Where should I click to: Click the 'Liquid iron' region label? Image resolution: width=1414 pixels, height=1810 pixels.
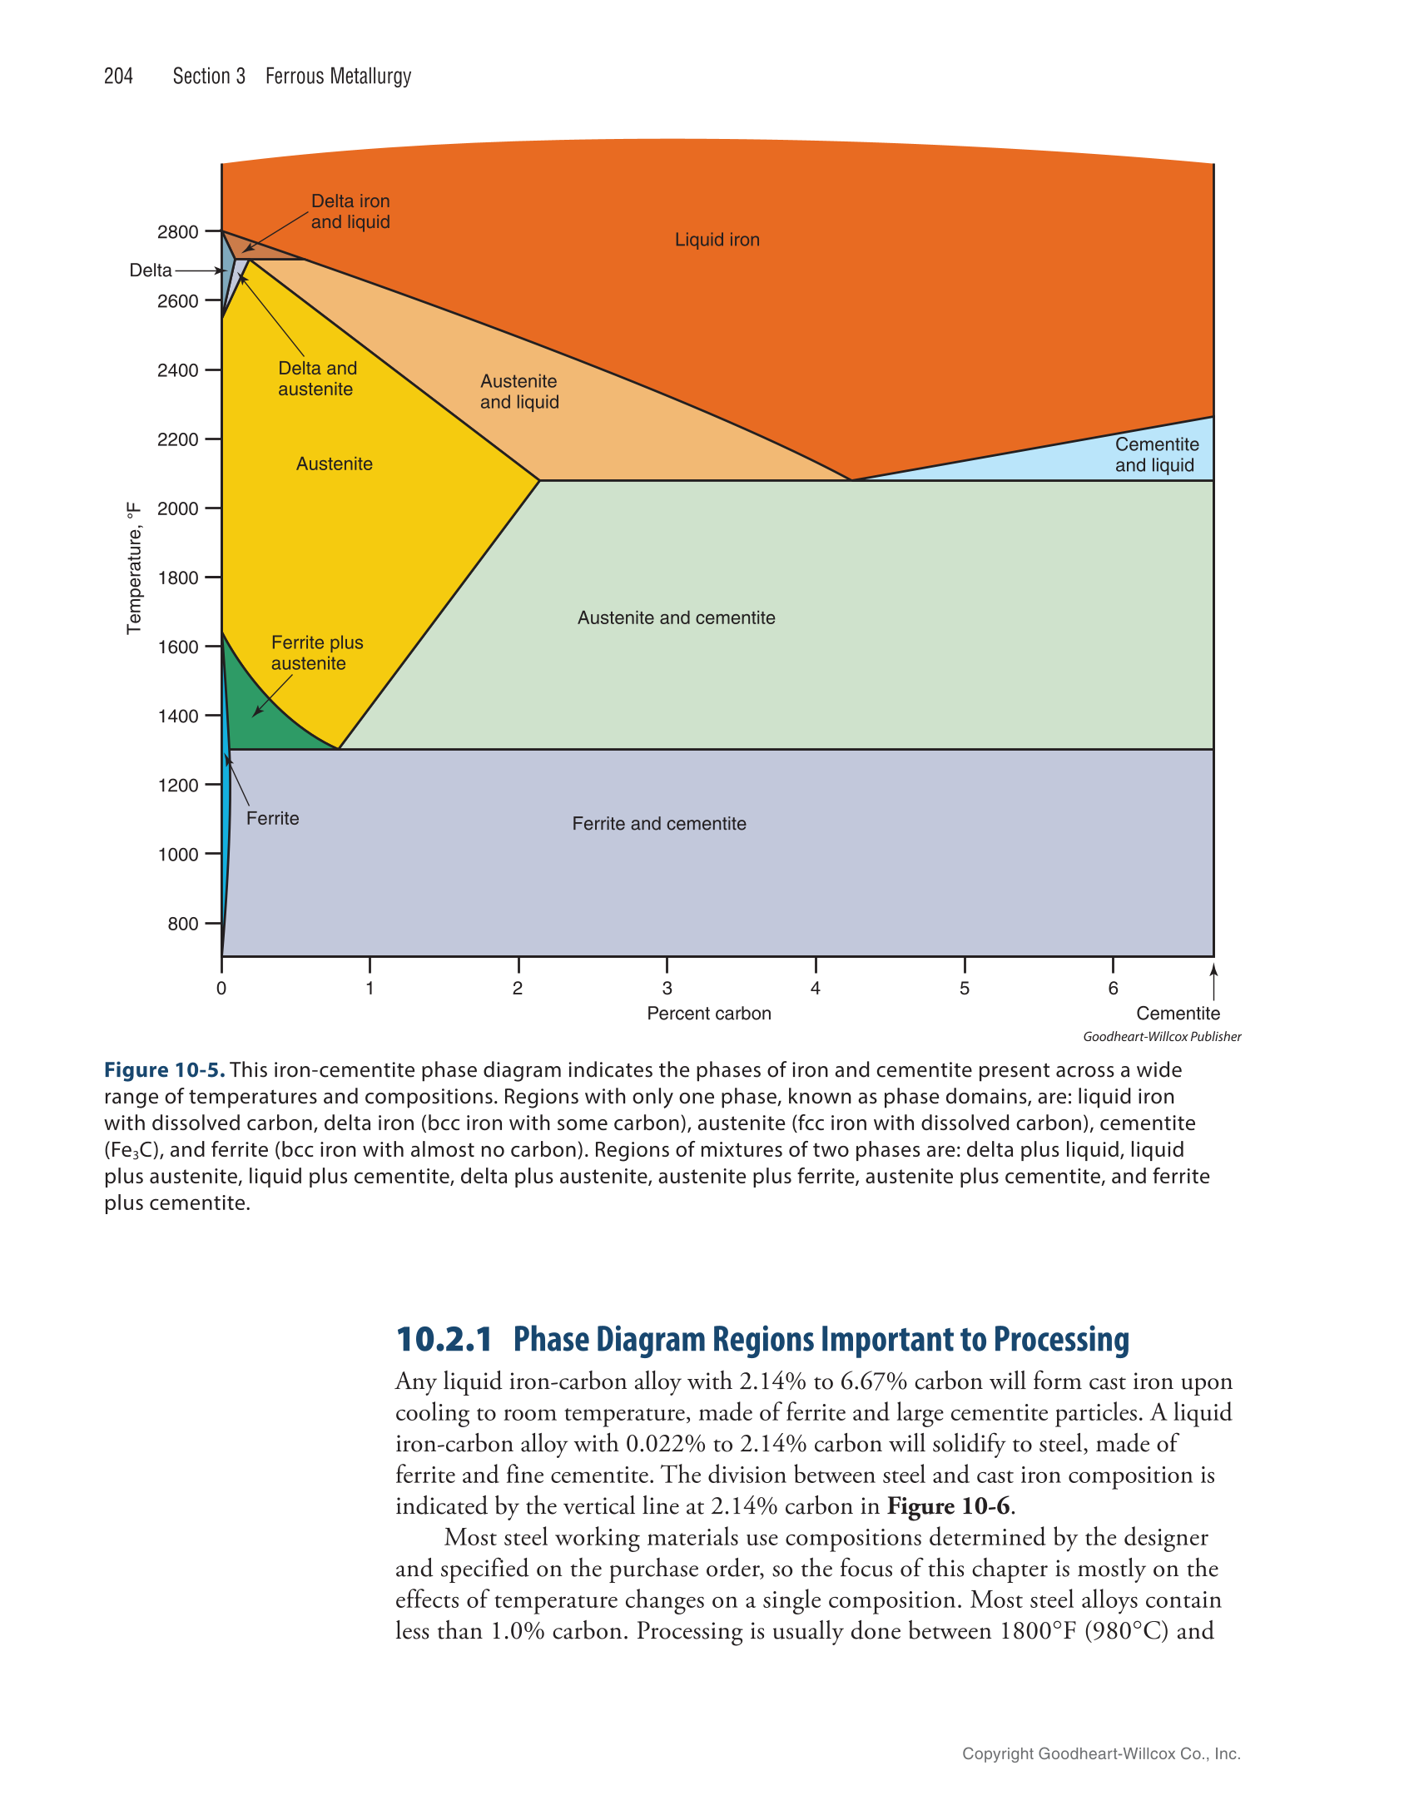[x=717, y=240]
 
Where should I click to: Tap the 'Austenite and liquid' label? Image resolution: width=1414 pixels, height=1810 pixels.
[x=519, y=391]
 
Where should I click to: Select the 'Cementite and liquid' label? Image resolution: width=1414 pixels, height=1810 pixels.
[x=1156, y=454]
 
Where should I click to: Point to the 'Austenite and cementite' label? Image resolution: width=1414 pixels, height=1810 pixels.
[x=676, y=617]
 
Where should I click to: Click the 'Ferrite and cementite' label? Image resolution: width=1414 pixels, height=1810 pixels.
[x=658, y=823]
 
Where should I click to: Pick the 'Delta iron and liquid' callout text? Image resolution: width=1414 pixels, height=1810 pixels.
[x=350, y=211]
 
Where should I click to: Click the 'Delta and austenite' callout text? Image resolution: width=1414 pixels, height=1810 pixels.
[x=317, y=379]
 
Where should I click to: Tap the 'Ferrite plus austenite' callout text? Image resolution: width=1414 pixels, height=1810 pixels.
[x=316, y=652]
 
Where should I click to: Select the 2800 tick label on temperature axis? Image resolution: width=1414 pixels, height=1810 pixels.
[x=177, y=232]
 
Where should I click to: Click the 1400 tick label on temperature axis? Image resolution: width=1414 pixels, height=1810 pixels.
[x=177, y=716]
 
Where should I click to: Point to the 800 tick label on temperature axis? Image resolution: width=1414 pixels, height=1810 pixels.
[x=182, y=923]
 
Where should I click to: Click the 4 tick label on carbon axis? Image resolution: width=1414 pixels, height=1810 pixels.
[x=816, y=988]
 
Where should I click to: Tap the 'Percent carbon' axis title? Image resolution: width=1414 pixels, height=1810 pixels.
[x=708, y=1013]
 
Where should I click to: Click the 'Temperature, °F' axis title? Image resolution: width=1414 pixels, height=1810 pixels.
[x=134, y=568]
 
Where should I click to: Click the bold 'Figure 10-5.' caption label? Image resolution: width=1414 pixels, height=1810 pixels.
[x=164, y=1069]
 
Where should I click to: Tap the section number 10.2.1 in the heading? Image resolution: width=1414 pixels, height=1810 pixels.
[x=444, y=1339]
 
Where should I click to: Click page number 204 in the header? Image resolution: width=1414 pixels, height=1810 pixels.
[x=118, y=76]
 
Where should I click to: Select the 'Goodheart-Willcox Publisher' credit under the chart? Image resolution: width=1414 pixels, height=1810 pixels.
[x=1162, y=1036]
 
